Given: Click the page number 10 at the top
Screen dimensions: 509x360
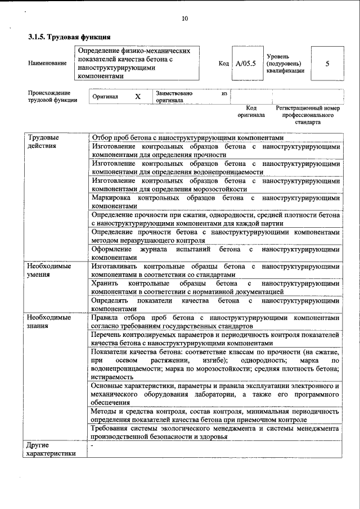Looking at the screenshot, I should tap(184, 19).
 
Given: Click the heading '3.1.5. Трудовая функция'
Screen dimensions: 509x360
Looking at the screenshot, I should tap(69, 38).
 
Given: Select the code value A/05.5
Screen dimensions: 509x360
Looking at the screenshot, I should tap(246, 64).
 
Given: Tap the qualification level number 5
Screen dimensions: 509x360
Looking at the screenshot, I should tap(327, 64).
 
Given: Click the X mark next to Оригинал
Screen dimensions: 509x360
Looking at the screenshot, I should tap(137, 97).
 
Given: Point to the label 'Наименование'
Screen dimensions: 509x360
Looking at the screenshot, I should tap(47, 64).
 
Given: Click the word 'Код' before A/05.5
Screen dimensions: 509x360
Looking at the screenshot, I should tap(223, 64).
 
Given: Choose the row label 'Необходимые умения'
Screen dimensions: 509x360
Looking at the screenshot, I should tap(49, 270).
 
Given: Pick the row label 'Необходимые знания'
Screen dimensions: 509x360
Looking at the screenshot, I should tap(49, 321).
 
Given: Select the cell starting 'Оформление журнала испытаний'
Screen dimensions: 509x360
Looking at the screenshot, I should tap(215, 252).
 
